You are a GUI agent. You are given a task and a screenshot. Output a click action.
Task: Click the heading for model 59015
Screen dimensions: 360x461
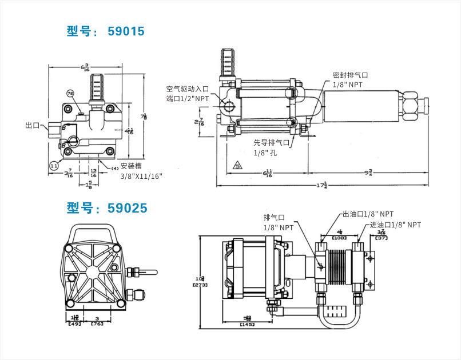tap(105, 31)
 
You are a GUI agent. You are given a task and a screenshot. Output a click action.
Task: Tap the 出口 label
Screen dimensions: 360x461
tap(33, 126)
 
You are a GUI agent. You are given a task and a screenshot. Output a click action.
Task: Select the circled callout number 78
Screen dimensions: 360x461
tap(70, 93)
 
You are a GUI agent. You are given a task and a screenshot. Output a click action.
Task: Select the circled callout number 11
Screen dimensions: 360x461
tap(54, 166)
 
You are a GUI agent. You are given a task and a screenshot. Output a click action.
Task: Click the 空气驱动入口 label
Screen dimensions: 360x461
tap(188, 89)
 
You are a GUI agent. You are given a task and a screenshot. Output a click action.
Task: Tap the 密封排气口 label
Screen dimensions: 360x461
tap(350, 75)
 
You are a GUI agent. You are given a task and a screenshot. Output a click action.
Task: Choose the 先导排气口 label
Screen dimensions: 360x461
tap(272, 142)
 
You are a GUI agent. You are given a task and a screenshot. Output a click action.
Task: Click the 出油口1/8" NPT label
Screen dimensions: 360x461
tap(368, 214)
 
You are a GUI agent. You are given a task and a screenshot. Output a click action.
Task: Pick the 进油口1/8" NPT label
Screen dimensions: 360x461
tap(395, 225)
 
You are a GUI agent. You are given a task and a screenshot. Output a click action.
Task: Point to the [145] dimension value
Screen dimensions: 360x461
tap(247, 325)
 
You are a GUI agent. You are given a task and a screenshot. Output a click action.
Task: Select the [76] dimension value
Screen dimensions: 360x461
tap(98, 323)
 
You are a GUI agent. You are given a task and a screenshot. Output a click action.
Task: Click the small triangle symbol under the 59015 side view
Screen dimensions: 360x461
tap(237, 167)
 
